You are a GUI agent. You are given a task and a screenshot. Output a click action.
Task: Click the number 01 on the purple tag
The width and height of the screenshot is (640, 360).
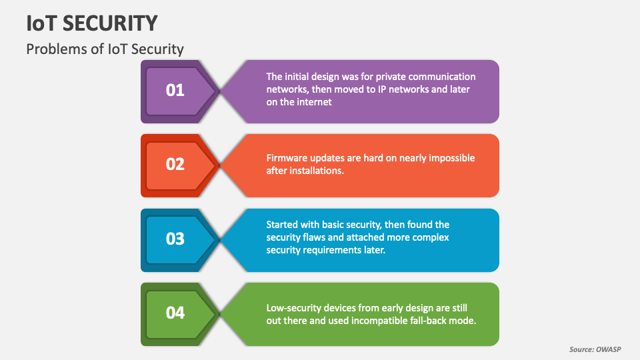click(175, 90)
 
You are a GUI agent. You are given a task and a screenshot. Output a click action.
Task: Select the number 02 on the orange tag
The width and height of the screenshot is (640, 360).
click(175, 164)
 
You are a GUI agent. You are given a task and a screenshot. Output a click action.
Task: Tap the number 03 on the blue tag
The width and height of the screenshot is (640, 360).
click(175, 239)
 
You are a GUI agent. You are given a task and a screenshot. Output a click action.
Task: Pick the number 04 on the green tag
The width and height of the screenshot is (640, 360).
click(175, 312)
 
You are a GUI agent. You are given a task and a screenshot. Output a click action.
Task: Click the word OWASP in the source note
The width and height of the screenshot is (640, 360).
click(607, 349)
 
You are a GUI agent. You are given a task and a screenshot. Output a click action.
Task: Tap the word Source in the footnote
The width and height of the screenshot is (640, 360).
click(581, 349)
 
